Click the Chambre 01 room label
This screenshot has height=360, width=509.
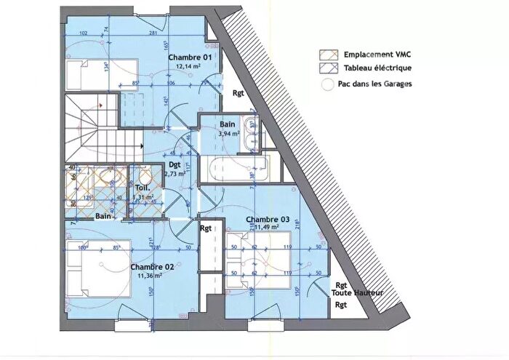point(190,57)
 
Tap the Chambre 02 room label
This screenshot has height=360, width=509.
point(152,267)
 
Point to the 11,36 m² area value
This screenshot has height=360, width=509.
point(150,276)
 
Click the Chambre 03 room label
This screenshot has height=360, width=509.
point(268,219)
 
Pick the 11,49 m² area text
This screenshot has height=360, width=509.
point(266,227)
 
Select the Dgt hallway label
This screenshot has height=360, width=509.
point(175,165)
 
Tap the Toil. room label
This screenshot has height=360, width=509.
point(142,188)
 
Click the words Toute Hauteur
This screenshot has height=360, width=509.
point(352,292)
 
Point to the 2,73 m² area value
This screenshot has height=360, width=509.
point(175,175)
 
